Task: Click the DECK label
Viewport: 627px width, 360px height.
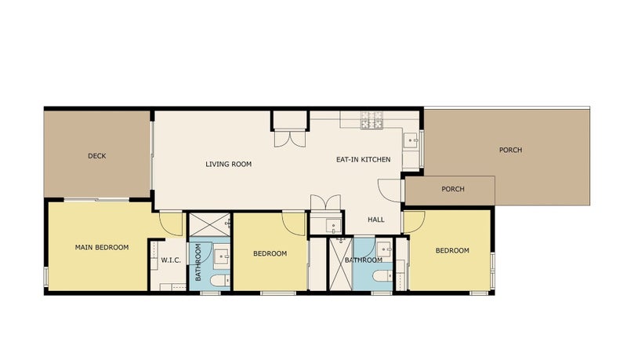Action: tap(96, 156)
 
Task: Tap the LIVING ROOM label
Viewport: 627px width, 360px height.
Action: tap(228, 164)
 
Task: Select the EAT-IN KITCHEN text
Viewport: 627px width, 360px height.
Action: tap(363, 159)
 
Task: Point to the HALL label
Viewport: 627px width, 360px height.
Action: tap(376, 219)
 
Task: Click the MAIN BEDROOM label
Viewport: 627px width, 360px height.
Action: tap(102, 247)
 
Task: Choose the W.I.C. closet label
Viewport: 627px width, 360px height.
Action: tap(171, 260)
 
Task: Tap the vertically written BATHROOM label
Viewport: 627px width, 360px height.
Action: tap(198, 262)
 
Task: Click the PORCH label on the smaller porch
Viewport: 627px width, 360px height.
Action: tap(453, 189)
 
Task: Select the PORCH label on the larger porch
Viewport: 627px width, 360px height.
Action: tap(510, 150)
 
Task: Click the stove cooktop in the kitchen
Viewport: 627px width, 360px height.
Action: tap(371, 119)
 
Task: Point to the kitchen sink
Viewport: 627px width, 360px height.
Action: tap(411, 141)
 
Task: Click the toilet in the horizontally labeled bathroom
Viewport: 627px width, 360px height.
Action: tap(382, 276)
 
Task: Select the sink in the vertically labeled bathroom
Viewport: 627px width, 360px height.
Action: tap(221, 255)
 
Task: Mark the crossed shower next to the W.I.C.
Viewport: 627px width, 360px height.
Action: tap(209, 225)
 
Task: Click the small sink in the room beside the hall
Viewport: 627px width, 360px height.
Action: tap(333, 226)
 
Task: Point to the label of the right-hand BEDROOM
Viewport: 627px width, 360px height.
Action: tap(452, 250)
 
